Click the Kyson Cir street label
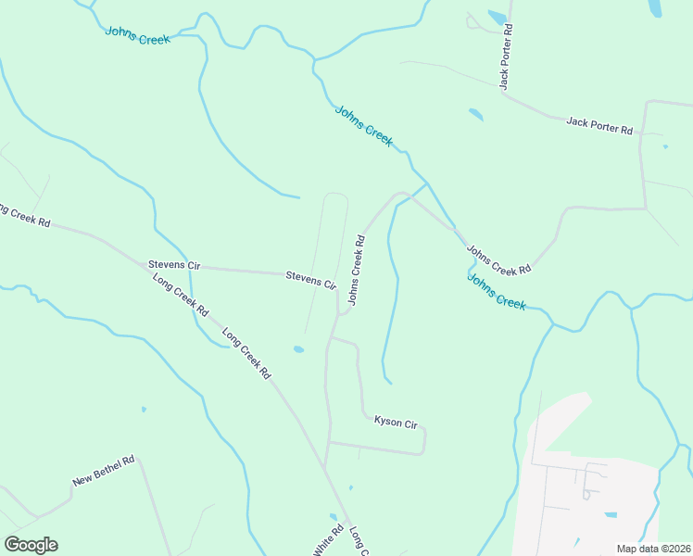pyautogui.click(x=396, y=423)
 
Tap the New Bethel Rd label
pyautogui.click(x=104, y=471)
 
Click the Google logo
pyautogui.click(x=31, y=545)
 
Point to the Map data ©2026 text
pyautogui.click(x=653, y=549)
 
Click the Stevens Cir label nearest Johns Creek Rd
pyautogui.click(x=310, y=279)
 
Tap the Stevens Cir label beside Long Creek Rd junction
pyautogui.click(x=174, y=265)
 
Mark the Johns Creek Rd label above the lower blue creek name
pyautogui.click(x=498, y=259)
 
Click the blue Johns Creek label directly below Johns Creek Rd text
pyautogui.click(x=496, y=291)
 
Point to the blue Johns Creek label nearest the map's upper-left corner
pyautogui.click(x=137, y=35)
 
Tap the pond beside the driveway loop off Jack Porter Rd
pyautogui.click(x=498, y=17)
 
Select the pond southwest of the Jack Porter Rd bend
pyautogui.click(x=476, y=115)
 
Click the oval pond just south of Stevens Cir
pyautogui.click(x=297, y=349)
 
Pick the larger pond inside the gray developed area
pyautogui.click(x=611, y=514)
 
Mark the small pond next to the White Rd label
pyautogui.click(x=333, y=517)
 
